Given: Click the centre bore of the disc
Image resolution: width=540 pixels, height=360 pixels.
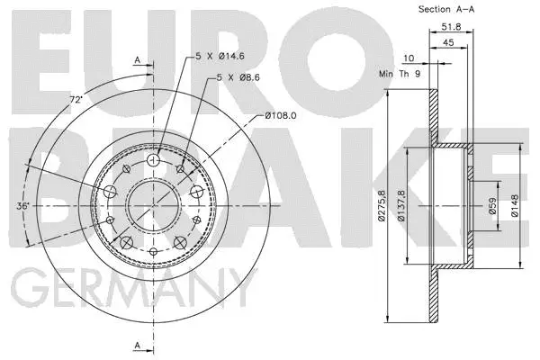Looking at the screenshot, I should [x=153, y=205].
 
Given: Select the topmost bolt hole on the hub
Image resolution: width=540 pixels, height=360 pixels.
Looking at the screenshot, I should [x=153, y=161].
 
